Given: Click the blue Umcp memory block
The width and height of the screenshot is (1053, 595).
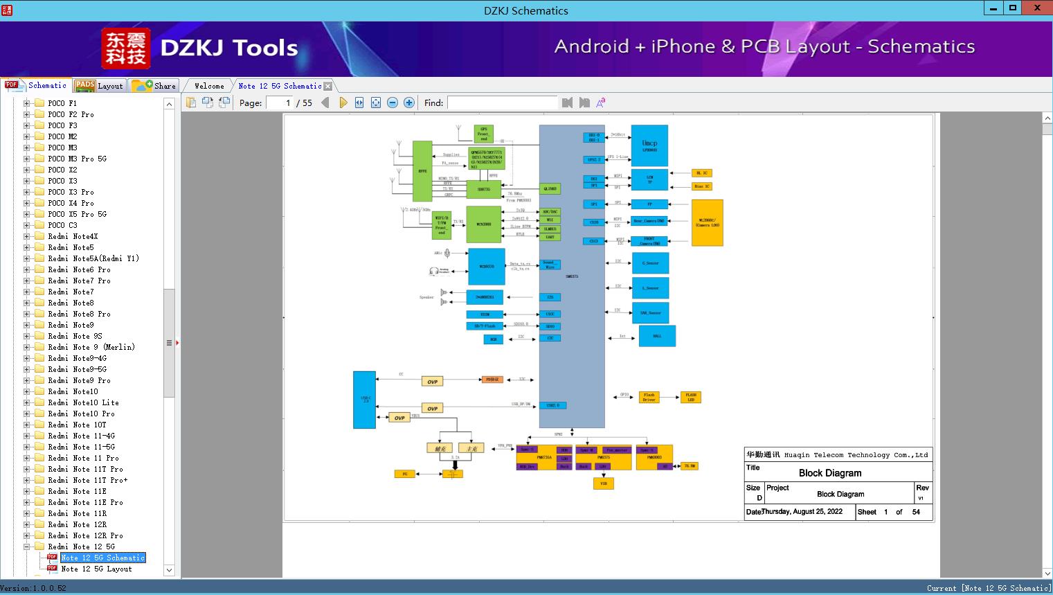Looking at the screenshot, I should pos(649,145).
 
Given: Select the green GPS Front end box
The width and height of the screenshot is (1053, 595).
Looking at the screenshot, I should pos(483,134).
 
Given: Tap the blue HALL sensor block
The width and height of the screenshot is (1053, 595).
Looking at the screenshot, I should pos(657,336).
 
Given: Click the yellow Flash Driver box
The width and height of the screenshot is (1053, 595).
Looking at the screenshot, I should pos(649,397).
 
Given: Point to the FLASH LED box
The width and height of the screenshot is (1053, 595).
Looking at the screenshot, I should pos(691,397).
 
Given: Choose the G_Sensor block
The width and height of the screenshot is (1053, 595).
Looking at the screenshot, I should pos(650,263).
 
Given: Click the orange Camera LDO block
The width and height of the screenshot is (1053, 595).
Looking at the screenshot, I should pos(707,223).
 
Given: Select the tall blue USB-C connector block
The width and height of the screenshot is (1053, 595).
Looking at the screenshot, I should pos(365,400).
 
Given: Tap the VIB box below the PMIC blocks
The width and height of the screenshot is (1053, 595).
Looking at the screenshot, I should pos(603,483).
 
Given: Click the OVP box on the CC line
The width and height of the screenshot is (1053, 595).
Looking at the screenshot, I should pos(432,382).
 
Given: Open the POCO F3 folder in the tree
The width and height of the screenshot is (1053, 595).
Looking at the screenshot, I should pos(62,125).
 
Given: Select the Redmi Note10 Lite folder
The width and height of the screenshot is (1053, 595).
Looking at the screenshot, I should pos(83,402).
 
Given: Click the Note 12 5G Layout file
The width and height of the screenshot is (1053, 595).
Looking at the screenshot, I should pos(96,569).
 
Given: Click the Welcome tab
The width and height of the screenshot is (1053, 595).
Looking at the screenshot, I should pos(209,86).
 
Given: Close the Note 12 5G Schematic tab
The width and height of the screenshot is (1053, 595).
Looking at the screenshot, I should pos(328,87).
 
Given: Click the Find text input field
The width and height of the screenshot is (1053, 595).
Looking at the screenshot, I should pos(502,103).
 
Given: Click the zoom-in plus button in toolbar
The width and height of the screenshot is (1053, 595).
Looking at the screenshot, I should pos(409,103).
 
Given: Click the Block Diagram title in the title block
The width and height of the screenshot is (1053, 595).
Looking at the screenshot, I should pos(829,473).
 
